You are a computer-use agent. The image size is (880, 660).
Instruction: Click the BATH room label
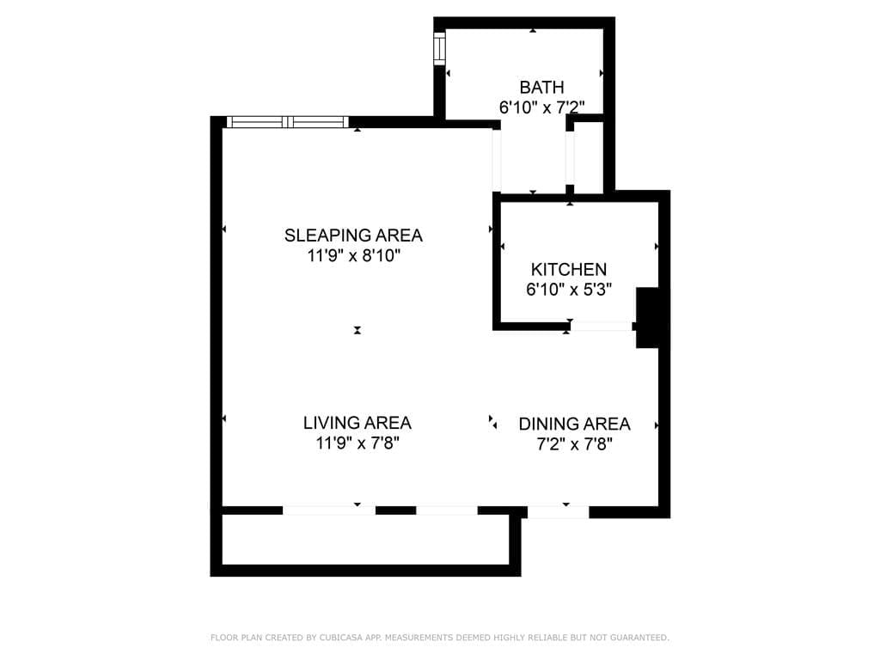pyautogui.click(x=541, y=87)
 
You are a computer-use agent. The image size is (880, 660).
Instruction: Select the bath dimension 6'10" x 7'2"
pyautogui.click(x=541, y=107)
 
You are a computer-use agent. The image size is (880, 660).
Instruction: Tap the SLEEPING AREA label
pyautogui.click(x=353, y=235)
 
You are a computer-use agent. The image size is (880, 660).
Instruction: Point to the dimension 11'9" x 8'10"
pyautogui.click(x=353, y=255)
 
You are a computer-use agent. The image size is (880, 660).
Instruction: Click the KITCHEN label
pyautogui.click(x=568, y=269)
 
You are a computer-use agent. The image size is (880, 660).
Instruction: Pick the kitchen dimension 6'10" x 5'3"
pyautogui.click(x=568, y=290)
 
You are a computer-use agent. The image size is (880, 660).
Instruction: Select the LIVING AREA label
pyautogui.click(x=357, y=423)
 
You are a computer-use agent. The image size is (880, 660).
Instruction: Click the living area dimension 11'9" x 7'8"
pyautogui.click(x=357, y=443)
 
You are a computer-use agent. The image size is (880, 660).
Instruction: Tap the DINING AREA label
pyautogui.click(x=574, y=424)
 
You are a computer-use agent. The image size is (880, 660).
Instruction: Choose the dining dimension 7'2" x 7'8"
pyautogui.click(x=574, y=444)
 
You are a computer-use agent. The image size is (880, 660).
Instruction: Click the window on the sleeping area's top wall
pyautogui.click(x=288, y=122)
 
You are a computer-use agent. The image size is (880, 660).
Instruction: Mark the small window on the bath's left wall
pyautogui.click(x=439, y=49)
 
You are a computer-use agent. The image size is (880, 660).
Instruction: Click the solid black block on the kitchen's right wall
pyautogui.click(x=647, y=318)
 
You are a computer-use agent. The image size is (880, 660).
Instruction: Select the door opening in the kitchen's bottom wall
pyautogui.click(x=602, y=327)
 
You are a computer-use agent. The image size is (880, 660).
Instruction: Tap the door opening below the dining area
pyautogui.click(x=558, y=512)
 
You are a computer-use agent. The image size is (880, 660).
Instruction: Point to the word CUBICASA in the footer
pyautogui.click(x=315, y=638)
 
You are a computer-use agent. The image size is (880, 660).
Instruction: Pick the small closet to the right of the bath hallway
pyautogui.click(x=589, y=157)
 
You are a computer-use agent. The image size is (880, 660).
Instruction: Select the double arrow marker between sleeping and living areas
pyautogui.click(x=357, y=330)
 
